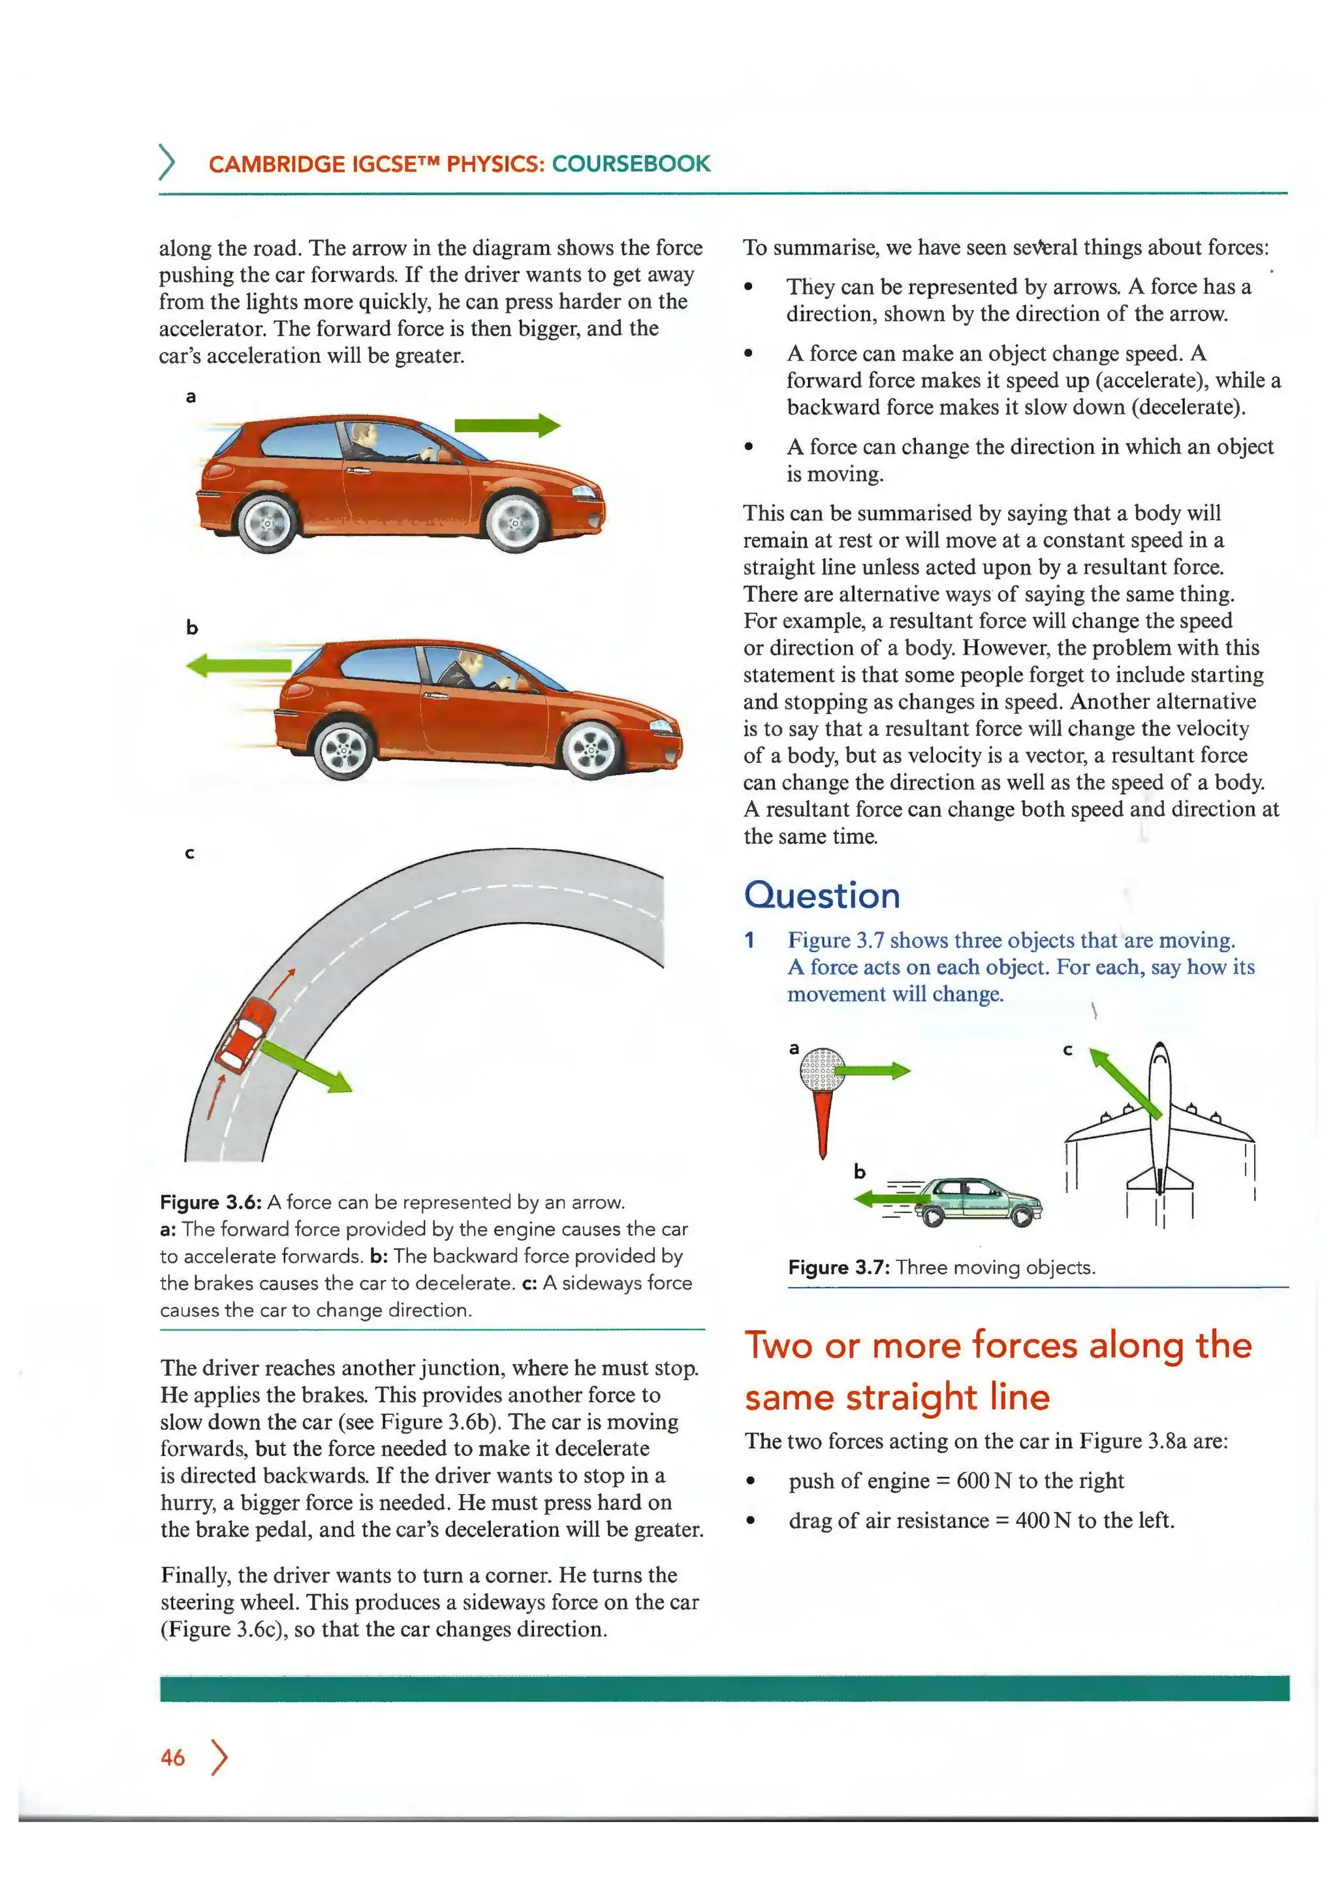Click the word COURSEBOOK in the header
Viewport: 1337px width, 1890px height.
631,164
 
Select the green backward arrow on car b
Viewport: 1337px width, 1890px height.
239,665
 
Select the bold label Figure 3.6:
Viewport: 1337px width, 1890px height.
211,1203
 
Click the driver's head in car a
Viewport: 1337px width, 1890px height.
362,434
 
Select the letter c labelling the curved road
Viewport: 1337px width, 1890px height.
190,853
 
